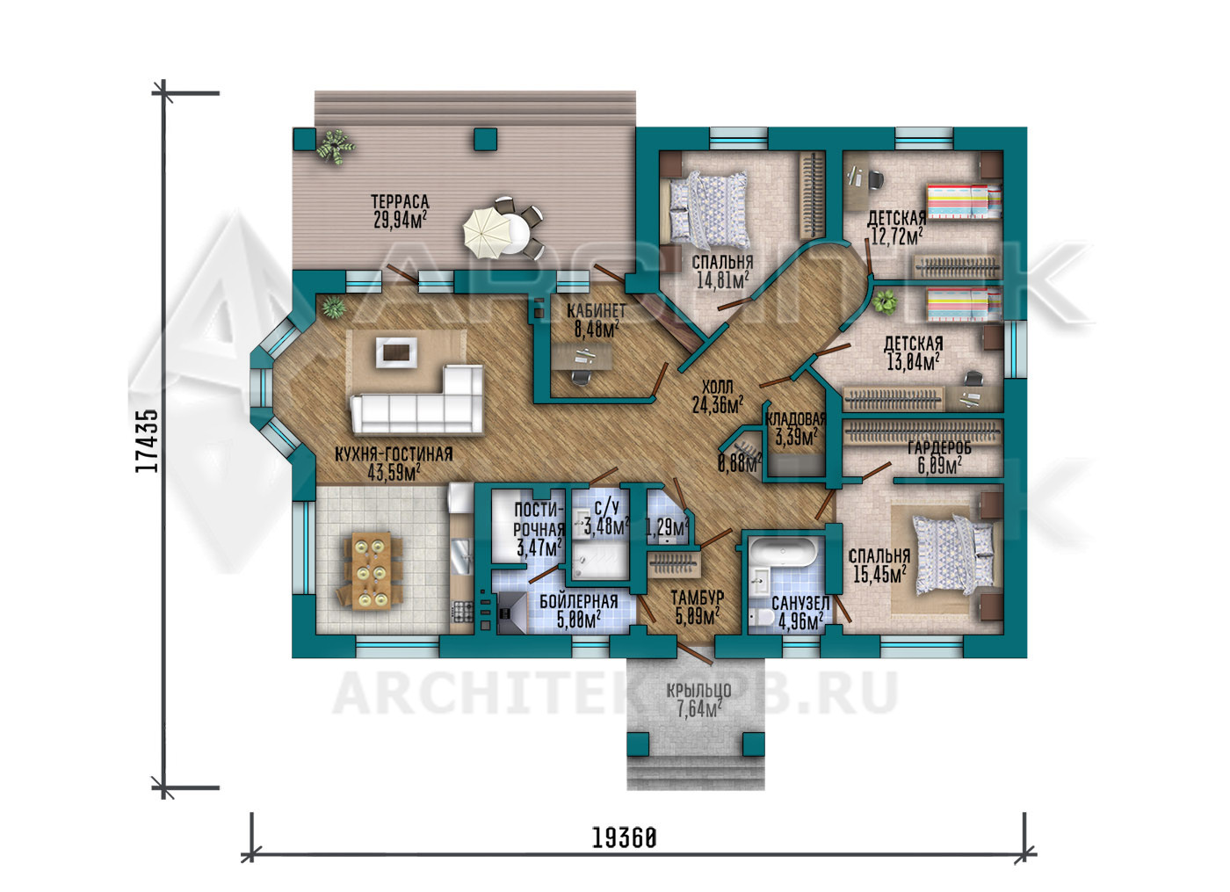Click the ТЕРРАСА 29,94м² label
[x=401, y=211]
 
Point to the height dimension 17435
[x=148, y=440]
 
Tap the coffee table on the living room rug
[x=396, y=352]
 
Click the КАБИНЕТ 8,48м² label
[x=596, y=320]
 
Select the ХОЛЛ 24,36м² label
[x=718, y=396]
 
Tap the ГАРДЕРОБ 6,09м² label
[x=939, y=456]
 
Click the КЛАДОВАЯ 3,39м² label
[x=795, y=429]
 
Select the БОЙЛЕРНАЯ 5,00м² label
[x=579, y=611]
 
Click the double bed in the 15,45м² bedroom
[x=952, y=555]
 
